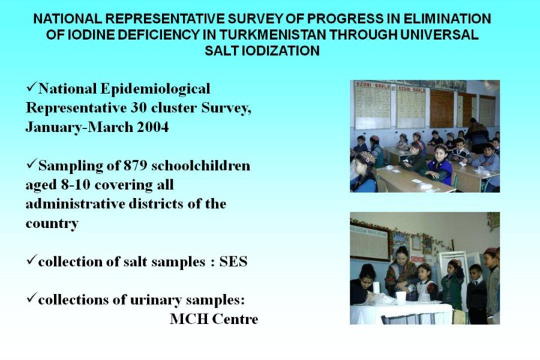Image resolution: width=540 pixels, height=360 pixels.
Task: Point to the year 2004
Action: coord(152,127)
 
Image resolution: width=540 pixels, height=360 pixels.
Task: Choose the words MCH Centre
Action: coord(214,319)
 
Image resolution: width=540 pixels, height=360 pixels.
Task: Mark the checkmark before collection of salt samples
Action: coord(31,259)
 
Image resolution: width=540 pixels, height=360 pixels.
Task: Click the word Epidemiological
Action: coord(155,89)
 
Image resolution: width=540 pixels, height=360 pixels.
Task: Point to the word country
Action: coord(52,224)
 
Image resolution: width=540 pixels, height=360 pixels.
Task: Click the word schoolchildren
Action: coord(201,166)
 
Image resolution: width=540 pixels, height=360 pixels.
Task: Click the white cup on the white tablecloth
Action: coord(400,297)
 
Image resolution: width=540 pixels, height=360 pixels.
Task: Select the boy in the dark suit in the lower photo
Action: coord(477,292)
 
